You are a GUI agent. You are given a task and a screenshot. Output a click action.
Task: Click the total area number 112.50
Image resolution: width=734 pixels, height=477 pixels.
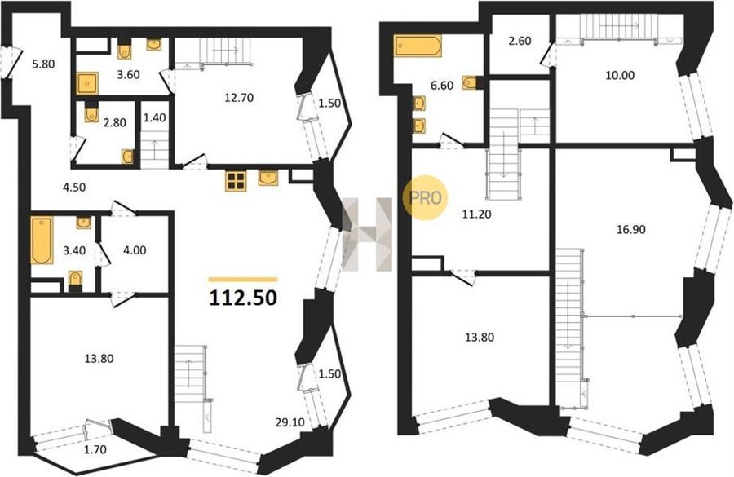tap(243, 298)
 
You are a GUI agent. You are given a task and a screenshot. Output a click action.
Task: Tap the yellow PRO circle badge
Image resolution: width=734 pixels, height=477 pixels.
tap(425, 197)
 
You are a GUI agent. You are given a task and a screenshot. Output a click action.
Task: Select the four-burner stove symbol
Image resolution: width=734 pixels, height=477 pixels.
tap(236, 181)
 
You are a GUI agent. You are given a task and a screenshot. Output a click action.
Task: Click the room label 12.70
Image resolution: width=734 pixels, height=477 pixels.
tap(239, 98)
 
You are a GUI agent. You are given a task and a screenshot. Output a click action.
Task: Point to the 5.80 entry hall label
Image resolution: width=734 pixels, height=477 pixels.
tap(43, 64)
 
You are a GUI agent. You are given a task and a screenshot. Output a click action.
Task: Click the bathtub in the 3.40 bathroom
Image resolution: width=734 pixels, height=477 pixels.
tap(42, 240)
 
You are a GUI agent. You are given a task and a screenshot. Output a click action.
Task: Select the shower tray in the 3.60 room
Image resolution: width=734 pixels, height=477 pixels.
tap(87, 83)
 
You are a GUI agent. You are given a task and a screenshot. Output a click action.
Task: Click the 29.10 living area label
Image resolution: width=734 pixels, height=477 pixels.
tap(290, 422)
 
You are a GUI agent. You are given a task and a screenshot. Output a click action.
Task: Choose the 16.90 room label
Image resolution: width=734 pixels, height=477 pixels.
tap(631, 229)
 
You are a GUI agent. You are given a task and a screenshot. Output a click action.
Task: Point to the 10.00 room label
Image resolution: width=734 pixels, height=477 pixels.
tap(619, 75)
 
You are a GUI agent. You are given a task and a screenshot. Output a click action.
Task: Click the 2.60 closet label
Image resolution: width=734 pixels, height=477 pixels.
tap(520, 41)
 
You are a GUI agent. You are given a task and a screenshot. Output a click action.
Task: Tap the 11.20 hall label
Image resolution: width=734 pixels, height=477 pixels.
tap(476, 214)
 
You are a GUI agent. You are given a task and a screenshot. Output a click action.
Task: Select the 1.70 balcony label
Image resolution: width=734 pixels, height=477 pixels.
tap(95, 450)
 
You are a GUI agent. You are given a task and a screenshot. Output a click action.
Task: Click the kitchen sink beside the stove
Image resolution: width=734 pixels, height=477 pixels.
tap(268, 178)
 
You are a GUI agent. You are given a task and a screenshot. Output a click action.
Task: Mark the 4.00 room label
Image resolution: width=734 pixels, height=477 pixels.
tap(135, 250)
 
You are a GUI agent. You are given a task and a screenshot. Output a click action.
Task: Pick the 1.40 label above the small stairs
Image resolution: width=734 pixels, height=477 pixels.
tap(154, 117)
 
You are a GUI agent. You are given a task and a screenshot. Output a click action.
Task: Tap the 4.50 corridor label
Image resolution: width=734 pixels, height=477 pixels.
tap(74, 188)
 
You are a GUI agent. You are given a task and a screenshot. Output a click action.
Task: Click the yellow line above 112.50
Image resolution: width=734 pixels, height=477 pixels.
tap(243, 280)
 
